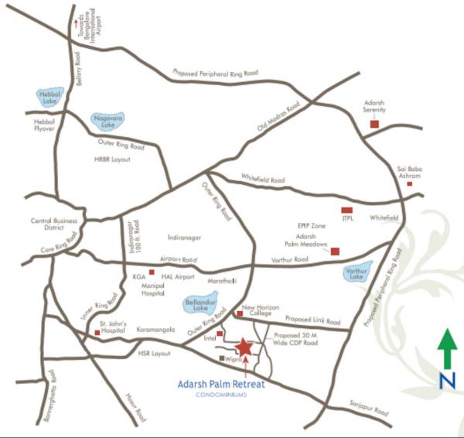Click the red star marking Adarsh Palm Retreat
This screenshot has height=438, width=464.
(x=244, y=347)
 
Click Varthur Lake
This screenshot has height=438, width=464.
(x=357, y=272)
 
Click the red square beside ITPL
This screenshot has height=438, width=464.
(x=346, y=210)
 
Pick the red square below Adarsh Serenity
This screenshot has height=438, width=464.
(x=374, y=124)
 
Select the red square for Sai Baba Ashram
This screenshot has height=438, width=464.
(x=410, y=184)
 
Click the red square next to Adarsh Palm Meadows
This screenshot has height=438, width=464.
(x=335, y=251)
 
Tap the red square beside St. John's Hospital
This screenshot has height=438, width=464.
(x=97, y=333)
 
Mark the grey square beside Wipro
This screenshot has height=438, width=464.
(x=221, y=358)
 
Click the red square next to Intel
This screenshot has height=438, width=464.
(x=220, y=334)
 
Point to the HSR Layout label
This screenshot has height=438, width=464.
(x=153, y=353)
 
